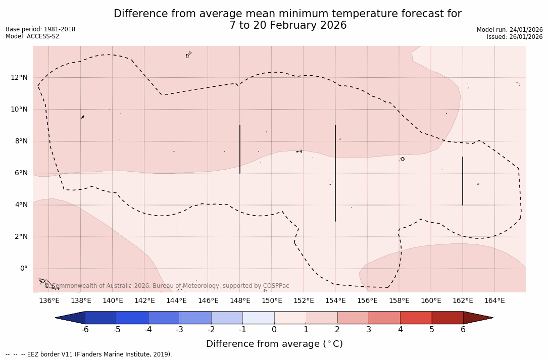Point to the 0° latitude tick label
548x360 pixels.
pos(24,269)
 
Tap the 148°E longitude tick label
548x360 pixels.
pos(240,301)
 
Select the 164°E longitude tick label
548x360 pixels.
pos(494,301)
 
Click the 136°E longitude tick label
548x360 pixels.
pos(49,301)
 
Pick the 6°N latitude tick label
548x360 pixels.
pos(20,173)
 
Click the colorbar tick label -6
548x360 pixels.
pos(85,330)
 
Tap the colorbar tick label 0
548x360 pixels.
pos(274,330)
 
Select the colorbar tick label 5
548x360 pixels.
pos(432,330)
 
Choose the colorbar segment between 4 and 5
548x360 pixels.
pos(416,318)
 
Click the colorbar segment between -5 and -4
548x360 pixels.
pos(133,318)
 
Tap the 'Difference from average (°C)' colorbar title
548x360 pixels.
pos(274,344)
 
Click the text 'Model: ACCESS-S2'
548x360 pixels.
pos(32,36)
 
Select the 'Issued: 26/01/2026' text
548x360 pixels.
pos(515,37)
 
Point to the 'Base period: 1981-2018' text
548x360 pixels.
pos(40,29)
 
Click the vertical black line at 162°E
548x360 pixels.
pos(463,181)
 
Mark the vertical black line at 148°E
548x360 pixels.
pos(240,149)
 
